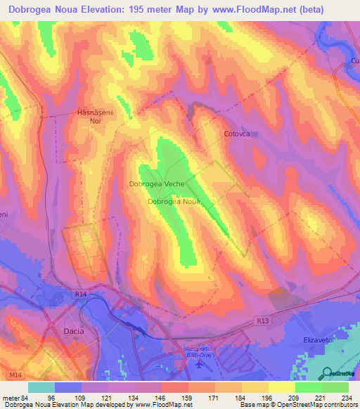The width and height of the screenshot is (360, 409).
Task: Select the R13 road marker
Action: pyautogui.click(x=262, y=321)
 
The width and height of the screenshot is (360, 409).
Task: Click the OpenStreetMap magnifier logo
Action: pyautogui.click(x=328, y=373)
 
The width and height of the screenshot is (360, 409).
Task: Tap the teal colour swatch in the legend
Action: pyautogui.click(x=41, y=387)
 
